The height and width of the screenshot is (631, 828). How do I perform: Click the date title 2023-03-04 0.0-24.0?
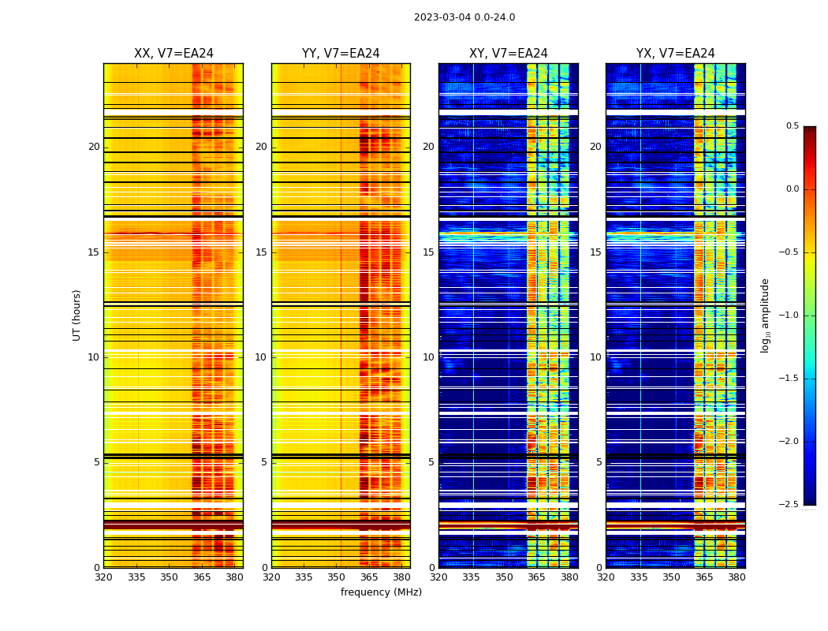464,17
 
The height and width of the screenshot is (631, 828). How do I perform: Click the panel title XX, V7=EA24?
173,54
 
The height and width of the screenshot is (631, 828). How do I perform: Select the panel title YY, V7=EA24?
341,54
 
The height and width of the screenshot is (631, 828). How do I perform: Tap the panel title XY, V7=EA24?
509,54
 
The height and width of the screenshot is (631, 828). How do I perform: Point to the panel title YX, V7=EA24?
676,54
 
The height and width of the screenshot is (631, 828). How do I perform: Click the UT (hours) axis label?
77,315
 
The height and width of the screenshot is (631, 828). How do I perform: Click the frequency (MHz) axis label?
381,592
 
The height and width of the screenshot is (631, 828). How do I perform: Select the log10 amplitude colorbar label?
765,315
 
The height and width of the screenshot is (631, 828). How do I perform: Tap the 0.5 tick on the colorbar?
792,126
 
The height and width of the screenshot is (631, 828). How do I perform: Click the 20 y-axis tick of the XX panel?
94,147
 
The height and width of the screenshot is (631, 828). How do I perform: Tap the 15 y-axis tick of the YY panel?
262,252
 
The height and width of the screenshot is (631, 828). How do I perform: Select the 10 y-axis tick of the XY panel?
428,357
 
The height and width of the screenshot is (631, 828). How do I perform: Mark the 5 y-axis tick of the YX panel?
599,462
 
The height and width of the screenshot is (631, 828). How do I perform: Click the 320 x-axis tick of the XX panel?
103,577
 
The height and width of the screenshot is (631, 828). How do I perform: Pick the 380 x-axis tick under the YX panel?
737,577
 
